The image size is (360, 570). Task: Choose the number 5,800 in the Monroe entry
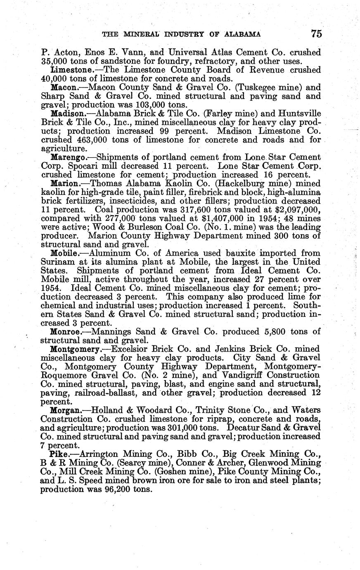point(277,332)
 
